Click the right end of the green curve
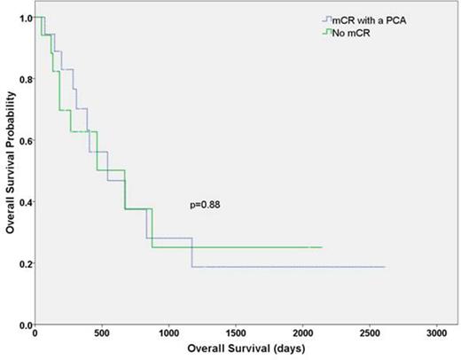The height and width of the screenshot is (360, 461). click(322, 247)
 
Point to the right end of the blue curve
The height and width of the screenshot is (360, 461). click(385, 267)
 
